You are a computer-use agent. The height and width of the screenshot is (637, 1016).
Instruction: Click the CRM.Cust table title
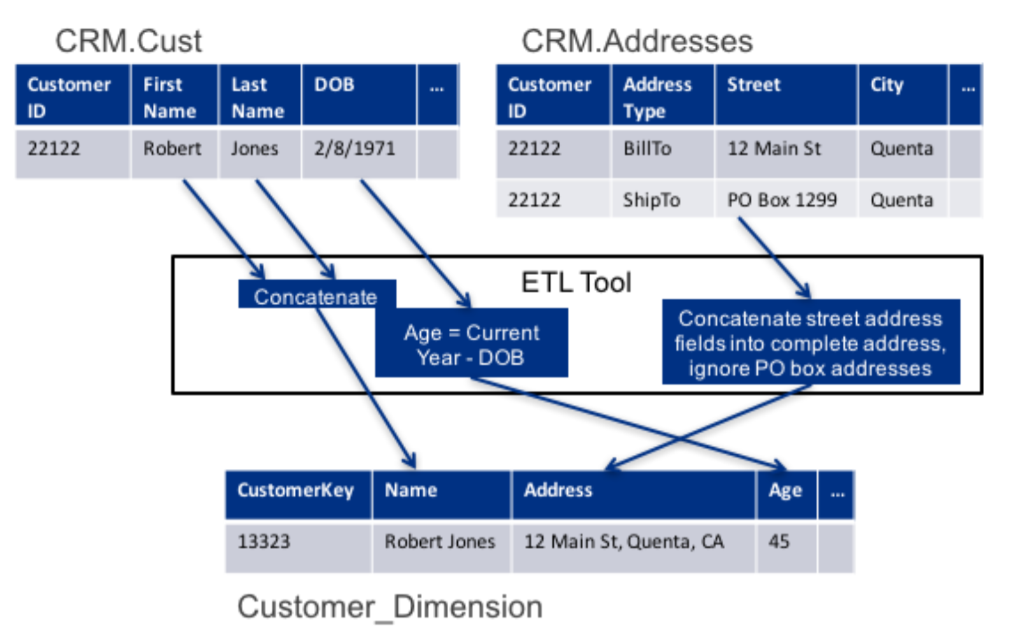pyautogui.click(x=129, y=41)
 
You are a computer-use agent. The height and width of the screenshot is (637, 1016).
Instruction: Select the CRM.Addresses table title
pyautogui.click(x=637, y=41)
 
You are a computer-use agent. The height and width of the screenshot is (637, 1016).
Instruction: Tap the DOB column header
pyautogui.click(x=359, y=95)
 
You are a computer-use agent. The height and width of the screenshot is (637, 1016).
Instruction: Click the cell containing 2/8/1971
pyautogui.click(x=359, y=154)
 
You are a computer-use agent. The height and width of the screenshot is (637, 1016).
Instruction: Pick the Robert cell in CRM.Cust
pyautogui.click(x=174, y=154)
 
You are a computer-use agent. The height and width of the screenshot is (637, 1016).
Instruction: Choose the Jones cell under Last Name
pyautogui.click(x=260, y=154)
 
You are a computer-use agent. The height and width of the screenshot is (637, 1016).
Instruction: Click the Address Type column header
pyautogui.click(x=663, y=95)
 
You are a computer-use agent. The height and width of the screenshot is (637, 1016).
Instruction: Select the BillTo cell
pyautogui.click(x=663, y=154)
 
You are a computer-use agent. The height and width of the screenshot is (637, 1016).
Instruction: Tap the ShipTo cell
pyautogui.click(x=663, y=199)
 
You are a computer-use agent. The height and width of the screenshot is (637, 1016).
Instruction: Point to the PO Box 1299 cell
pyautogui.click(x=786, y=199)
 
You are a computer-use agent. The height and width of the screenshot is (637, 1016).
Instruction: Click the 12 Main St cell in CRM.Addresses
pyautogui.click(x=786, y=154)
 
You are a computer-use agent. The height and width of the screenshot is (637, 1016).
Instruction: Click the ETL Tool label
pyautogui.click(x=576, y=282)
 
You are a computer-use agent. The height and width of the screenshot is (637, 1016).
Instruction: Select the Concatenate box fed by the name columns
pyautogui.click(x=316, y=294)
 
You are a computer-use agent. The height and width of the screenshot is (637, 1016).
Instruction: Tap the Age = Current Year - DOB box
pyautogui.click(x=471, y=343)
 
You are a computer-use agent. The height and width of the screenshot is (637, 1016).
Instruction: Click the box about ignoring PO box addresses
pyautogui.click(x=811, y=341)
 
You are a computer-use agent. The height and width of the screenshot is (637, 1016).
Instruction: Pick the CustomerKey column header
pyautogui.click(x=299, y=495)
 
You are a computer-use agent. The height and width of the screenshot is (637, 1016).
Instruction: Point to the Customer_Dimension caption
pyautogui.click(x=390, y=607)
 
